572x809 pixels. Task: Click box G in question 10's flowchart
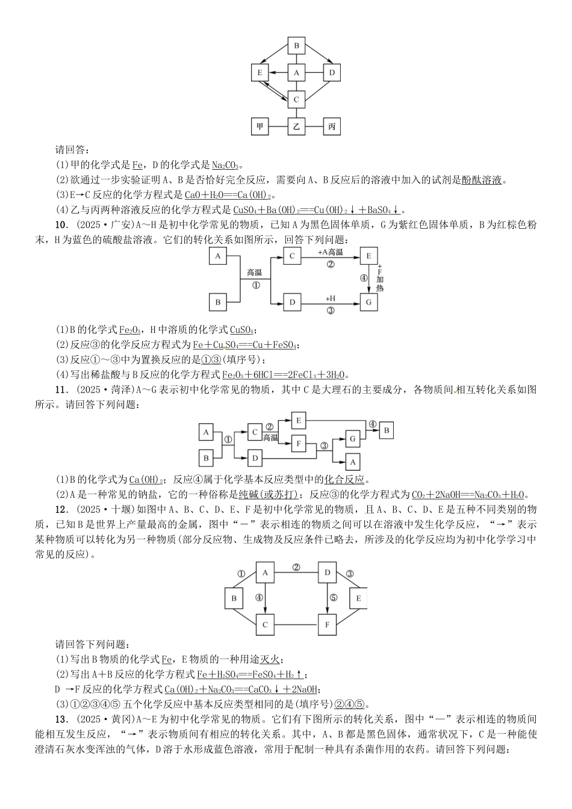pos(368,302)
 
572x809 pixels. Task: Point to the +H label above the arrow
pos(331,299)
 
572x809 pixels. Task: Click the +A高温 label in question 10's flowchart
pos(331,252)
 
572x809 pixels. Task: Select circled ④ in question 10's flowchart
pos(363,278)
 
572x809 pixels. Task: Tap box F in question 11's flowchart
pos(299,444)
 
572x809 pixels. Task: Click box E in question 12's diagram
pos(359,598)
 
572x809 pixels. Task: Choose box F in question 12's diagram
pos(328,625)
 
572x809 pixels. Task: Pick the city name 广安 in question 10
pos(119,225)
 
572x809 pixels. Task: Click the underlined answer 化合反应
pos(344,480)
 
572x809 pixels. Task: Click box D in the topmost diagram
pos(332,73)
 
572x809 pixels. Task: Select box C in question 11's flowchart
pos(255,432)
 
